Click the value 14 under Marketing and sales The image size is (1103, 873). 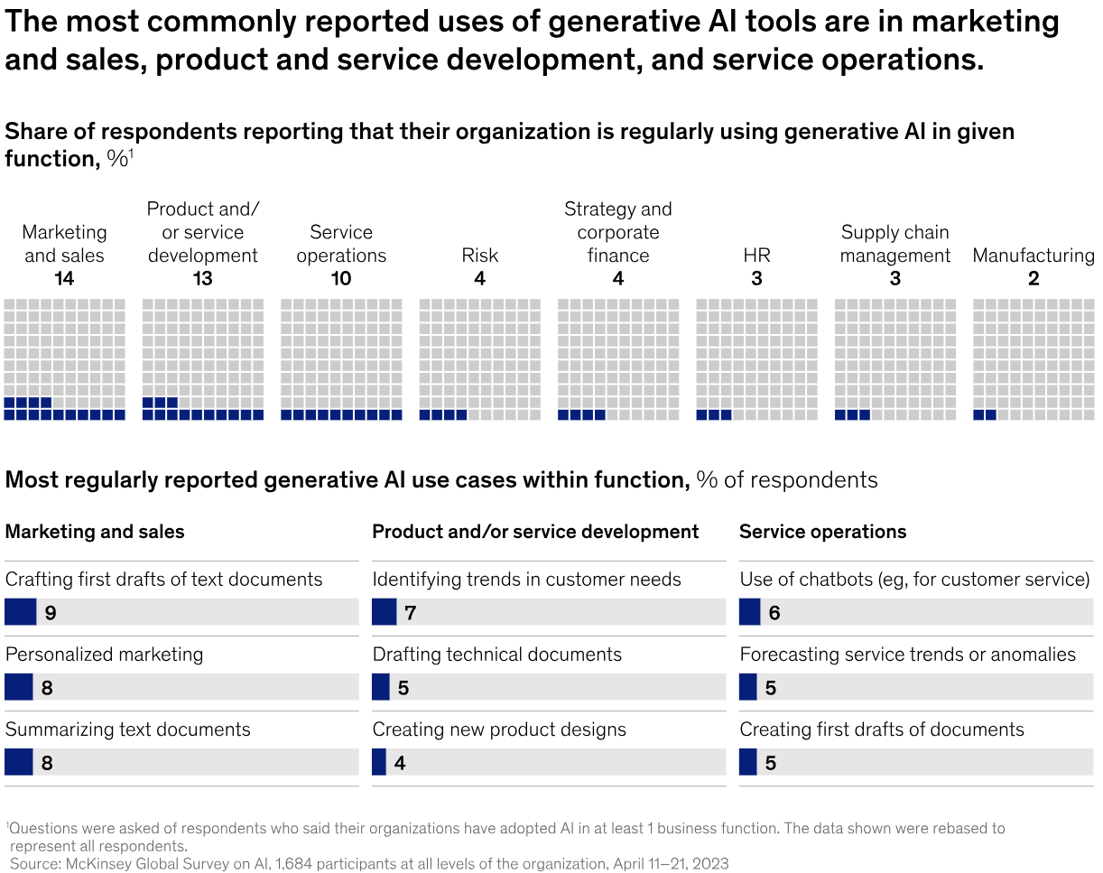(x=64, y=279)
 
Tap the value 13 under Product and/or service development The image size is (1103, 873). (x=203, y=279)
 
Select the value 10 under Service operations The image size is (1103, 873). (x=341, y=279)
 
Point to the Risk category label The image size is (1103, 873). (x=479, y=255)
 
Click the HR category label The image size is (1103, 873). (x=756, y=255)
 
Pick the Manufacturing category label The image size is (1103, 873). (x=1033, y=255)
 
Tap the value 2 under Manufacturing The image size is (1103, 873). (x=1033, y=279)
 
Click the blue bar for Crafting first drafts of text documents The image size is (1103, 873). (x=20, y=612)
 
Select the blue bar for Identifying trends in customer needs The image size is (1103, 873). (x=384, y=612)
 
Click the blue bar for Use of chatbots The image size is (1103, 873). (x=749, y=612)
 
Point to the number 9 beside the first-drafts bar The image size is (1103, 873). (x=51, y=613)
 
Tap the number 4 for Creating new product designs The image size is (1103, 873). (x=400, y=764)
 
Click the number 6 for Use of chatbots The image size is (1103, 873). (x=774, y=613)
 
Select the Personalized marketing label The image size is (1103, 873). (x=105, y=655)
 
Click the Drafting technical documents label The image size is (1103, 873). (x=497, y=655)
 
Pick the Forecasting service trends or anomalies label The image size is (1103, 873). (x=908, y=655)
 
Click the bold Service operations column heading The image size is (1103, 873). (x=822, y=532)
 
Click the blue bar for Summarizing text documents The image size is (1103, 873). (x=18, y=763)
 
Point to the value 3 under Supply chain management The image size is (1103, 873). (x=894, y=279)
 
